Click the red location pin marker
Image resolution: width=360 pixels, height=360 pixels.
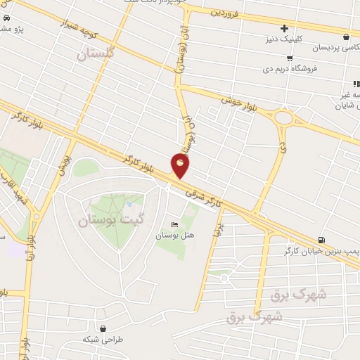[x=181, y=165]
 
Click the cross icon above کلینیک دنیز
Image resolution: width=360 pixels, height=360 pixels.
[x=283, y=29]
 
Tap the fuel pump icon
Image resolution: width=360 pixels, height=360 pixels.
[x=321, y=240]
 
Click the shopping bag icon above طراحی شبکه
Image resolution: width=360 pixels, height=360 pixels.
[x=103, y=328]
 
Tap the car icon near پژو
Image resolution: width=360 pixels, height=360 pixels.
[x=6, y=18]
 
